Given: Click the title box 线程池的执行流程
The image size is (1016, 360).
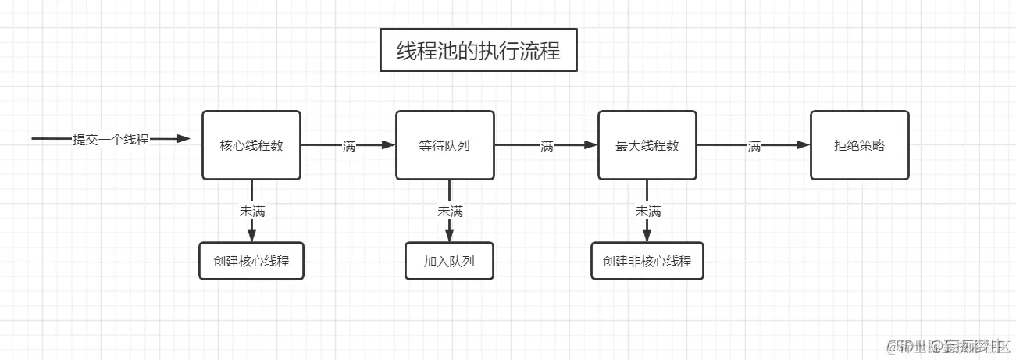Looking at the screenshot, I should coord(479,51).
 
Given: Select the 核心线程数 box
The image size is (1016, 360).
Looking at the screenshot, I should coord(251,145).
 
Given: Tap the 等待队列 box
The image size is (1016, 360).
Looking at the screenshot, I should coord(444,145).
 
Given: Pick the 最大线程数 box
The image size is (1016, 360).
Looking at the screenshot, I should coord(647,145).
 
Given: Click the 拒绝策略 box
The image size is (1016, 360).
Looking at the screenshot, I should coord(859,145).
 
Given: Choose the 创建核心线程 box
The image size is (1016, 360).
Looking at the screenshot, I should coord(251,261).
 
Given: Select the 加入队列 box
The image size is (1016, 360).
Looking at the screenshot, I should coord(449,261).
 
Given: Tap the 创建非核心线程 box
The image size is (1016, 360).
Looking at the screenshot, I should coord(647,261).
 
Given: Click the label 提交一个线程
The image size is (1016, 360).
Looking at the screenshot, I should coord(110,139).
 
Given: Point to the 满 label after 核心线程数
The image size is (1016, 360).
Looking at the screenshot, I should coord(349,145).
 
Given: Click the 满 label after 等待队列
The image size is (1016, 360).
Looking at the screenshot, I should coord(547,145).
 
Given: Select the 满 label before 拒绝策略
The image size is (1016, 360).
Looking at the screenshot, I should coord(754,145).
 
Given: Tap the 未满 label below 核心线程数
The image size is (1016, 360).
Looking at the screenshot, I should coord(251,211).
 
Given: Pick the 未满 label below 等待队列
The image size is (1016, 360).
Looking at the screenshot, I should coord(450,211).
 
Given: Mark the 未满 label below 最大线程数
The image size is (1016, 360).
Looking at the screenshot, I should coord(647,211).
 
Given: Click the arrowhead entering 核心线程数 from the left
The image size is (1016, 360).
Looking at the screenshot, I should coord(184,139).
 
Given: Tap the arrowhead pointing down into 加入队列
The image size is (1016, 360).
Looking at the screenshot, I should coord(450,236).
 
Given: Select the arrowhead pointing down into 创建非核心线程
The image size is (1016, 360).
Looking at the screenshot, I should coord(647,236).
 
